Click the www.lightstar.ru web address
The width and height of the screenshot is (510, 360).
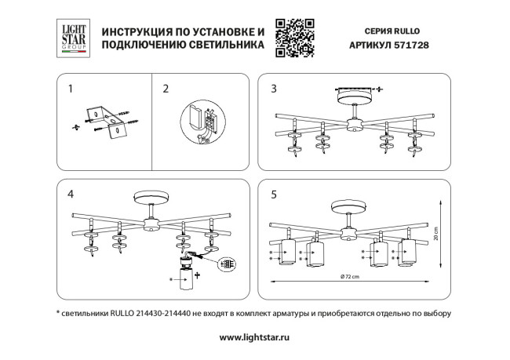tap(255, 337)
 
